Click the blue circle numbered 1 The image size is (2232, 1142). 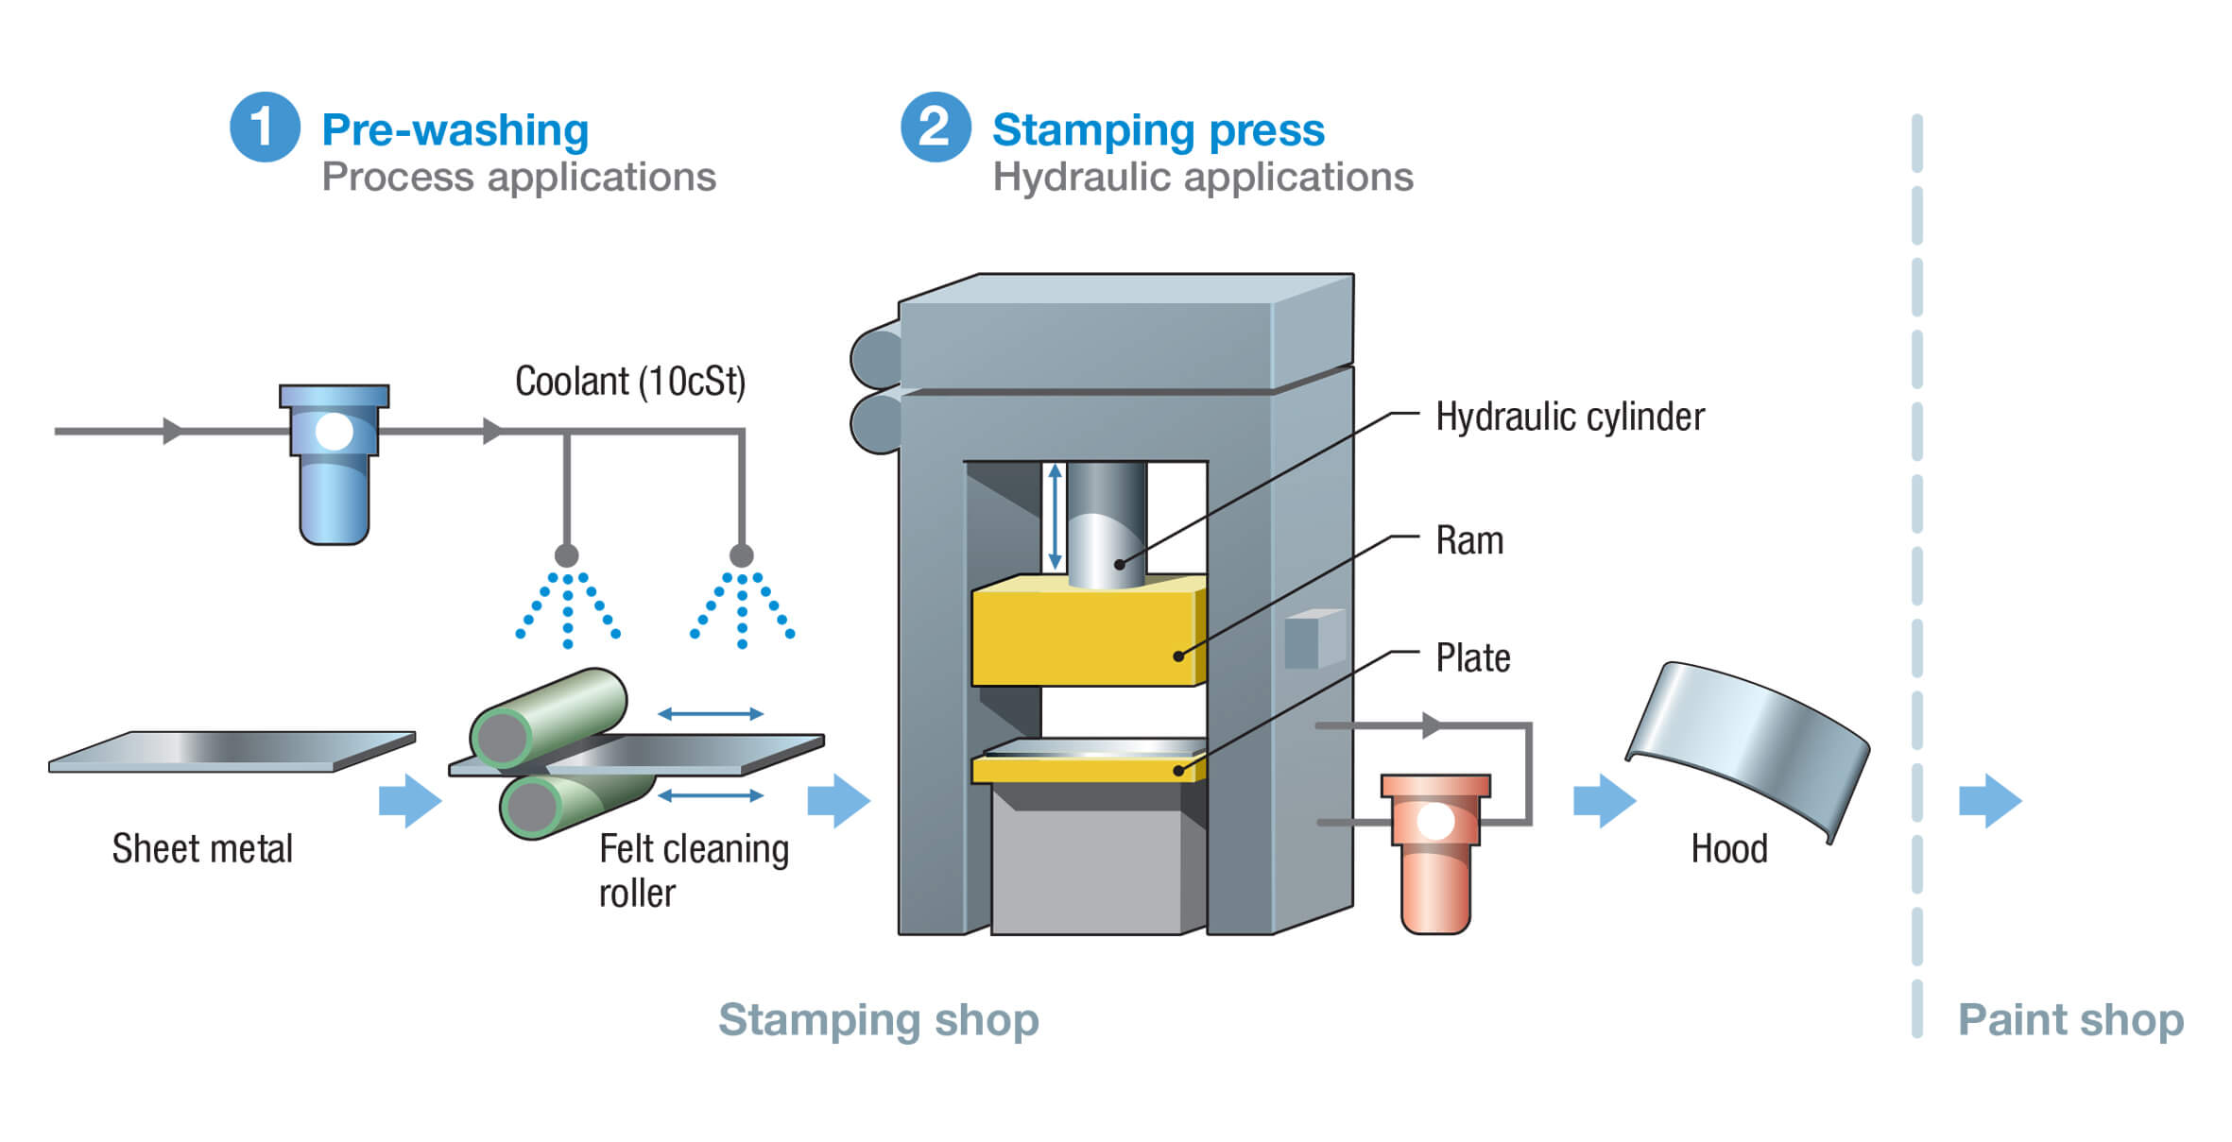[x=265, y=127]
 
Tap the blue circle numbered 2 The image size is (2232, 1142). [x=935, y=127]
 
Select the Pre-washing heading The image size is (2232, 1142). [x=455, y=129]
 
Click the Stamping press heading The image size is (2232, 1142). [x=1158, y=129]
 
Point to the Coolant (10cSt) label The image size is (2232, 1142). [x=629, y=382]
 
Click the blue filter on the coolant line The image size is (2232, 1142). [x=334, y=463]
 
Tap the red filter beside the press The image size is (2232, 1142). [x=1434, y=850]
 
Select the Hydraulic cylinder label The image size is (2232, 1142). [x=1569, y=417]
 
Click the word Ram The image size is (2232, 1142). [x=1468, y=540]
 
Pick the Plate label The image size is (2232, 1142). [x=1472, y=657]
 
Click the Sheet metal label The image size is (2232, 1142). [x=202, y=848]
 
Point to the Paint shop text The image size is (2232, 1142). [x=2069, y=1020]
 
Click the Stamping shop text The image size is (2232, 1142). [x=878, y=1020]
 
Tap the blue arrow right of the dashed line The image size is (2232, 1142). [x=1989, y=801]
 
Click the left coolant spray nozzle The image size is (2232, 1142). [x=566, y=554]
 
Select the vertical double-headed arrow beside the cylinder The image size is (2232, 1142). [x=1056, y=516]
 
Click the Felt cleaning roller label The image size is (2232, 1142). [x=692, y=870]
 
